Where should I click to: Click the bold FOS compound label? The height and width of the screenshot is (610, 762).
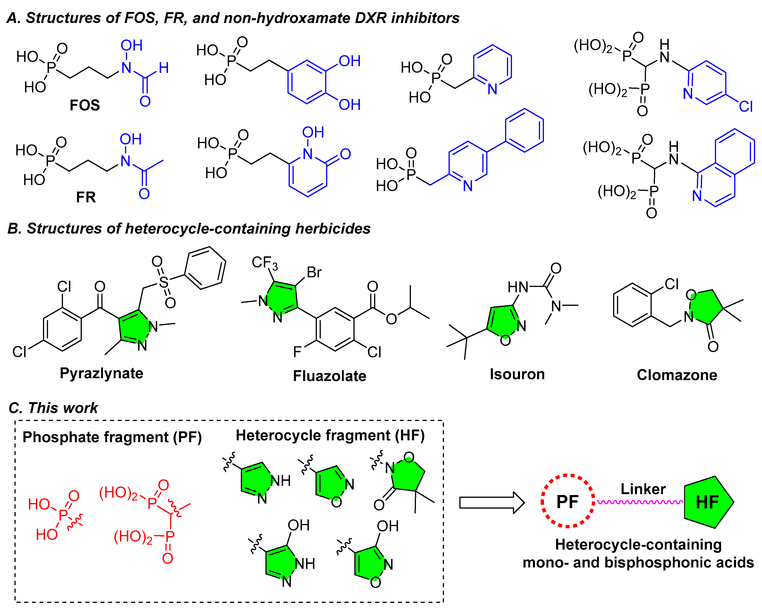pos(85,105)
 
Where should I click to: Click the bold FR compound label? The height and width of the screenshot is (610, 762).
pos(86,197)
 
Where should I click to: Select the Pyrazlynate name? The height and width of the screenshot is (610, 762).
pos(101,373)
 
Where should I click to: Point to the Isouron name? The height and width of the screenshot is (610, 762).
pos(517,374)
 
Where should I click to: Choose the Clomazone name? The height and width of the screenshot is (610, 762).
pos(677,375)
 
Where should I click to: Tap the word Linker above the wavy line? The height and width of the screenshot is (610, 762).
pos(643,489)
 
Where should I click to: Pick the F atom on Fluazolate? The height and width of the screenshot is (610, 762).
pos(297,352)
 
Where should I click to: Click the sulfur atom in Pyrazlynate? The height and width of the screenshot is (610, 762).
pos(164,282)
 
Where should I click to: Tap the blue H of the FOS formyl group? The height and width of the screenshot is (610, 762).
pos(164,68)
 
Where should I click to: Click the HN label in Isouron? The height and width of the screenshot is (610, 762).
pos(518,287)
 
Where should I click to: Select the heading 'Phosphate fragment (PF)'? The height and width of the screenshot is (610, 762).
pos(112,437)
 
